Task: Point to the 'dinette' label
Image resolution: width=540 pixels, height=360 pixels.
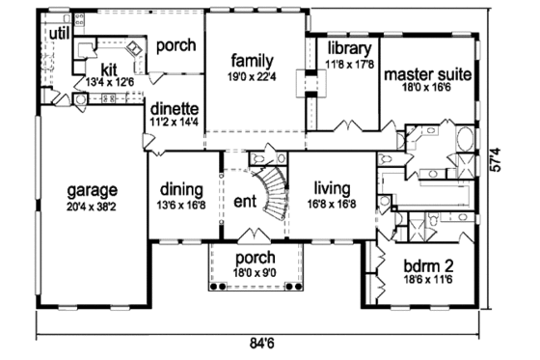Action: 175,109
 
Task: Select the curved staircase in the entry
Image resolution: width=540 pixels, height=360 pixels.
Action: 274,193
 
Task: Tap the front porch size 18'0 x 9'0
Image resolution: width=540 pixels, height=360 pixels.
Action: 256,273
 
